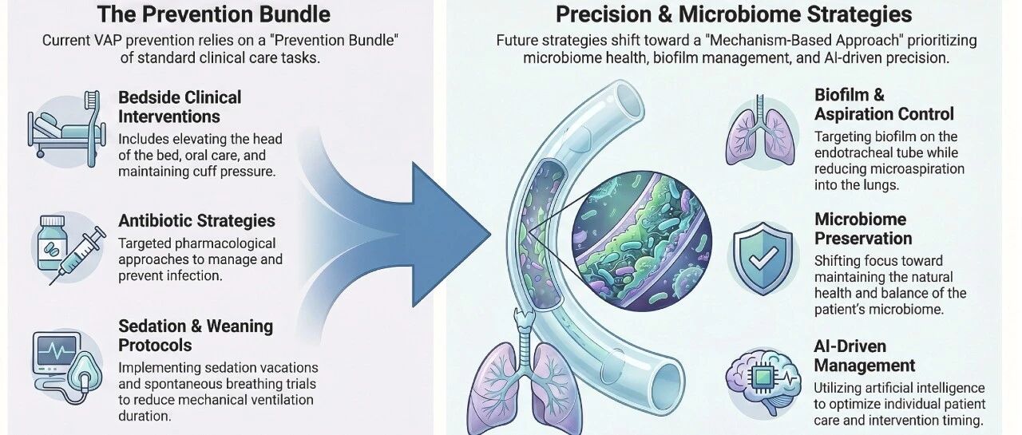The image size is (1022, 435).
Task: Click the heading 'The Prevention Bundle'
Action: coord(213,14)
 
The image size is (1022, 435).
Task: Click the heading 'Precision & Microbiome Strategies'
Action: coord(734,14)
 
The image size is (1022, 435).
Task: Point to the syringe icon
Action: coord(77,256)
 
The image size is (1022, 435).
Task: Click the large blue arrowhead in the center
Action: coord(450,235)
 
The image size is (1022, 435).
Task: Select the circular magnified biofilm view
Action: coord(641,241)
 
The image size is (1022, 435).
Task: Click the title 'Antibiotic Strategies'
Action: coord(196,220)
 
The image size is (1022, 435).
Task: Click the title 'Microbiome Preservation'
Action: coord(863,229)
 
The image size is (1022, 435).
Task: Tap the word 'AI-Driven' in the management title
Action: coord(850,346)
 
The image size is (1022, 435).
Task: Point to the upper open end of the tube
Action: coord(631,98)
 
